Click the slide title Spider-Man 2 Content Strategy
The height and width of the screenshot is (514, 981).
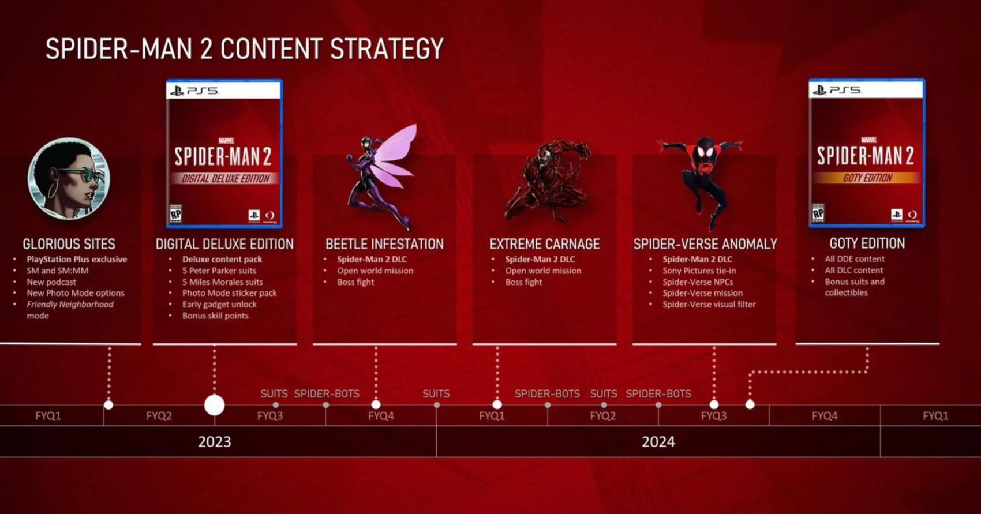click(244, 48)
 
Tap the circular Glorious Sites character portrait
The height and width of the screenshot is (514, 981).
click(69, 179)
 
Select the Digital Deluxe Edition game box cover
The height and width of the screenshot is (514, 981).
click(224, 153)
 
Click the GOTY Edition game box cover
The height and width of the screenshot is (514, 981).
click(867, 153)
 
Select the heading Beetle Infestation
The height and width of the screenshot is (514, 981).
click(384, 244)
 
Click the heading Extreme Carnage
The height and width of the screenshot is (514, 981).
click(544, 244)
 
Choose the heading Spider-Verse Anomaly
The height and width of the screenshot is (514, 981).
click(705, 244)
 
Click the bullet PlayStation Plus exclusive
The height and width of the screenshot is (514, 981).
click(77, 259)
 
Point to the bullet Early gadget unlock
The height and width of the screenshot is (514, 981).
click(219, 304)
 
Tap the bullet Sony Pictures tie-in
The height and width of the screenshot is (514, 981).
click(699, 271)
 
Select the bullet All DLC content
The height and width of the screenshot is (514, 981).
click(854, 270)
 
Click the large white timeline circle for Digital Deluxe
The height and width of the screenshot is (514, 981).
click(214, 405)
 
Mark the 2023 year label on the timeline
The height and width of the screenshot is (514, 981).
click(214, 441)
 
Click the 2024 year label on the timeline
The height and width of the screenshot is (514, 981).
click(658, 441)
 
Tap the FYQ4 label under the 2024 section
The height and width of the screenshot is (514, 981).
click(824, 415)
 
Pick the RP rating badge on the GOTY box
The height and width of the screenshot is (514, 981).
click(818, 213)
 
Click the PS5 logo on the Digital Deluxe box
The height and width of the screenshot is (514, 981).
click(194, 91)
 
